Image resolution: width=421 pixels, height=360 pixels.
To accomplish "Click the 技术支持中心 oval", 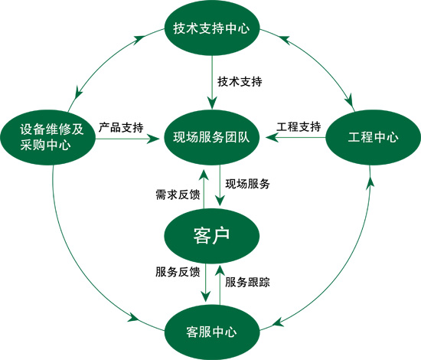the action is click(211, 28).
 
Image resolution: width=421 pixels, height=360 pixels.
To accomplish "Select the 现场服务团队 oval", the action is click(211, 138).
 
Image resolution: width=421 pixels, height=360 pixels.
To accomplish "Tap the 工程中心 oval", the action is click(374, 138).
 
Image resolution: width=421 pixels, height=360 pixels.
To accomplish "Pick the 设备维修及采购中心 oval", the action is click(48, 138).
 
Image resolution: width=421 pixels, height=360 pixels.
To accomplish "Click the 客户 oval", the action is click(211, 236).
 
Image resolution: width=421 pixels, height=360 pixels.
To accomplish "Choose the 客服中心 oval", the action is click(211, 332).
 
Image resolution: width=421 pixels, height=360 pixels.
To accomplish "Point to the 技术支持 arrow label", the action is click(240, 81).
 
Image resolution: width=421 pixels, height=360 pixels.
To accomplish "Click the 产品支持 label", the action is click(121, 127).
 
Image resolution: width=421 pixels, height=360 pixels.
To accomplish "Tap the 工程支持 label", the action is click(299, 126).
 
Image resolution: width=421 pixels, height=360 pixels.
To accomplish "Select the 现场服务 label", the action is click(247, 184).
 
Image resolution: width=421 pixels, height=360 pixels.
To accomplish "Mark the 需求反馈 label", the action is click(178, 195).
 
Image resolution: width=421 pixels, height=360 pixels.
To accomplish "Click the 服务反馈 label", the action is click(178, 272).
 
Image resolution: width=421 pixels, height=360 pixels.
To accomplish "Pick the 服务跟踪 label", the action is click(247, 282).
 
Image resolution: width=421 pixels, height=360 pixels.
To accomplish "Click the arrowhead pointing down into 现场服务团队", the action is click(212, 103).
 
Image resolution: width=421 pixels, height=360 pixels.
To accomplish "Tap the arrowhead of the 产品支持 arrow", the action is click(154, 139).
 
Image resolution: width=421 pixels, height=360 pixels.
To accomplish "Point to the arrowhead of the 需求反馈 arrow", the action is click(204, 175).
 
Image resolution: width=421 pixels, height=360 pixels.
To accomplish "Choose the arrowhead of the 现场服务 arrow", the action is click(220, 199).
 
